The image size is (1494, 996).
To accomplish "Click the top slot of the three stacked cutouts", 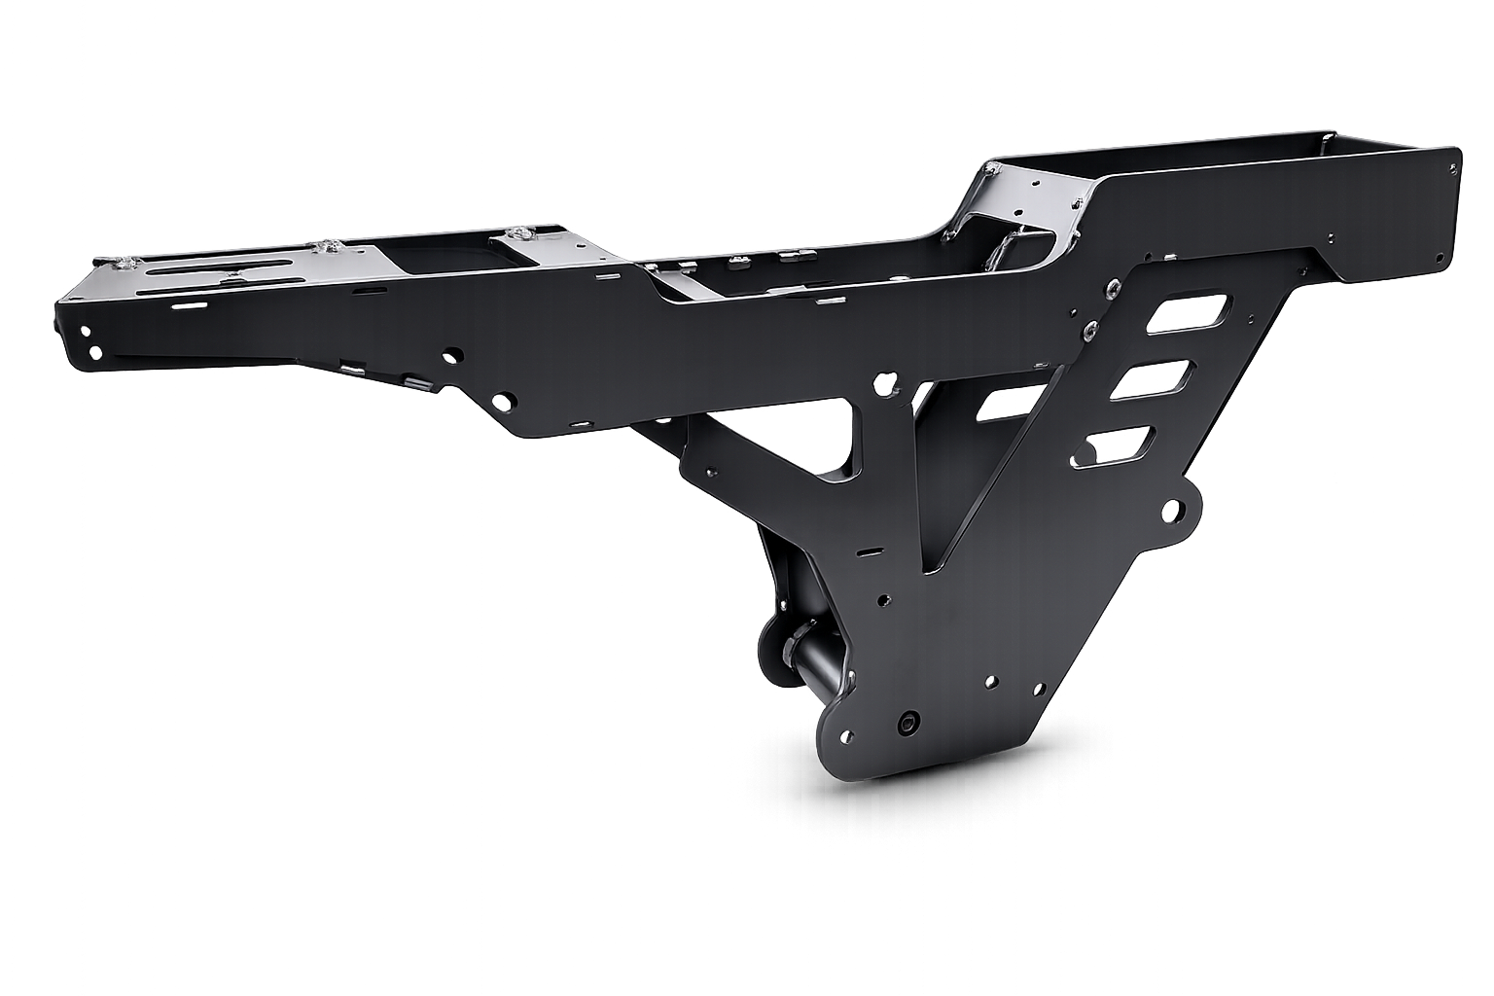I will point(1189,315).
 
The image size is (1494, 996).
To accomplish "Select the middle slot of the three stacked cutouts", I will point(1153,379).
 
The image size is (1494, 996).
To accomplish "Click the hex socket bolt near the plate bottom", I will point(909,723).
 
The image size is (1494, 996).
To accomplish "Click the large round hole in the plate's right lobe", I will point(1172,510).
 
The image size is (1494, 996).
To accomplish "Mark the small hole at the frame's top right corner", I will point(1452,167).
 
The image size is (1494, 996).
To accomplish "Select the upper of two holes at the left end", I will point(86,332).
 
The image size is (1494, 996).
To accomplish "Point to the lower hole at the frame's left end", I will point(93,351).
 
